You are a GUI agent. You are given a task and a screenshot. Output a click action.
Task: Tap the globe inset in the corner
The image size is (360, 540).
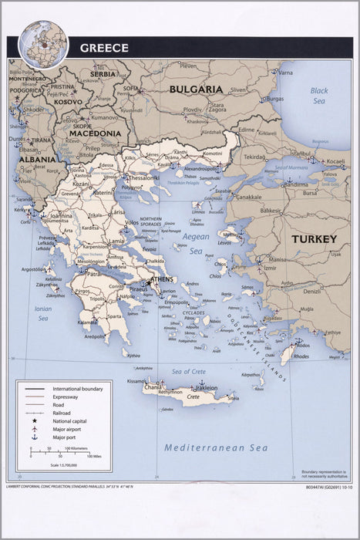[44, 42]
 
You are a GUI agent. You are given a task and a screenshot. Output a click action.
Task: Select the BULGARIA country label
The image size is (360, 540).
[196, 89]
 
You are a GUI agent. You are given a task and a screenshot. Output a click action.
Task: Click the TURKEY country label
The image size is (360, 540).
[313, 239]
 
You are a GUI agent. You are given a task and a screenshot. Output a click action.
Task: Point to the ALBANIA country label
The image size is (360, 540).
[37, 159]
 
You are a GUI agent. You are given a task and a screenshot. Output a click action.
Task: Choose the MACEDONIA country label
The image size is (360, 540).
[94, 133]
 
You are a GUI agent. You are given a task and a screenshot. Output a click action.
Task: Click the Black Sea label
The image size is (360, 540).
[319, 96]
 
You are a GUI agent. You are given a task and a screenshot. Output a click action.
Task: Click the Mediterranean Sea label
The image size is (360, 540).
[216, 447]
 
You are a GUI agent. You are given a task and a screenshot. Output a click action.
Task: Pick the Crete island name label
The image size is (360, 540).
[193, 397]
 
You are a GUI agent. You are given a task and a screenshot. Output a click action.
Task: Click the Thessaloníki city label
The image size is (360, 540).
[144, 177]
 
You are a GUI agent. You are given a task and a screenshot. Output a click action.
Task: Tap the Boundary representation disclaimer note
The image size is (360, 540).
[320, 474]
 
